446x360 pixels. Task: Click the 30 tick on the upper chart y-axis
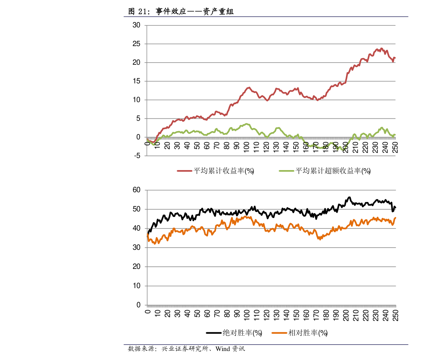click(x=136, y=25)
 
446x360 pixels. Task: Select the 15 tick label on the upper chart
click(x=136, y=81)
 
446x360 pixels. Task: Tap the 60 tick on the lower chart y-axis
click(x=136, y=190)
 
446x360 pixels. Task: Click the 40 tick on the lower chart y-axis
click(x=136, y=229)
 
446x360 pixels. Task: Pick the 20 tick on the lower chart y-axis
click(x=136, y=267)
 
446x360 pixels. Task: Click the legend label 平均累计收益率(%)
click(x=224, y=171)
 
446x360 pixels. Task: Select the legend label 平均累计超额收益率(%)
click(x=333, y=171)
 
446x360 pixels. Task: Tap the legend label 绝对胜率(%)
click(x=242, y=333)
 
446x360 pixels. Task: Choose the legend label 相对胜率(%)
click(x=307, y=333)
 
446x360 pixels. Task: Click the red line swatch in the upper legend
click(x=184, y=171)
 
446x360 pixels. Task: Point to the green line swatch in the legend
click(x=286, y=171)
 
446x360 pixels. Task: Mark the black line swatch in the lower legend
click(x=214, y=333)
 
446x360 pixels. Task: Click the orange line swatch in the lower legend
click(x=279, y=333)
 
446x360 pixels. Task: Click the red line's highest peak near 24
click(x=382, y=48)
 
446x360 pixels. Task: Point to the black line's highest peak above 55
click(x=349, y=197)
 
